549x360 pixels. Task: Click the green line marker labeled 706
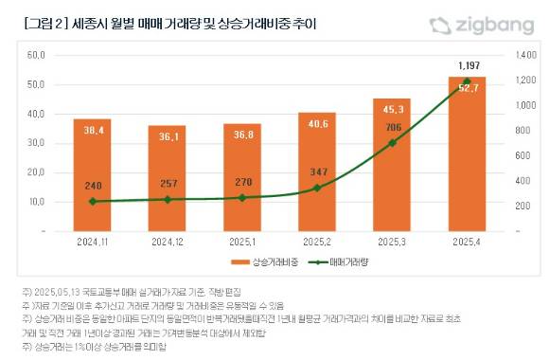click(x=392, y=143)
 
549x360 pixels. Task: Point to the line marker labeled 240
click(x=92, y=201)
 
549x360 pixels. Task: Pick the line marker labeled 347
click(x=316, y=188)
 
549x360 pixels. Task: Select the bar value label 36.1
click(x=167, y=136)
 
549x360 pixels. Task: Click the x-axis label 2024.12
click(x=167, y=242)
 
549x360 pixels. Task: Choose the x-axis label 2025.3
click(x=392, y=242)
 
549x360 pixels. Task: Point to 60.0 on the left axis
click(x=36, y=56)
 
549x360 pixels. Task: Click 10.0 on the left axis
click(x=36, y=202)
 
